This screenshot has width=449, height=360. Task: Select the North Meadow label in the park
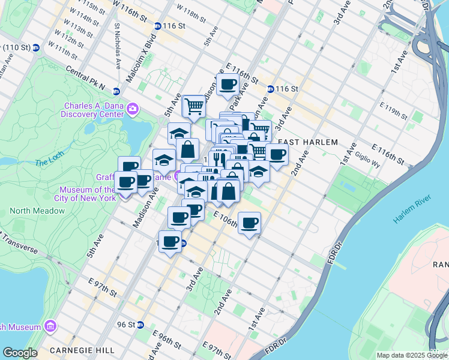[x=37, y=211]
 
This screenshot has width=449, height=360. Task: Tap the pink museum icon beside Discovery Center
[x=132, y=109]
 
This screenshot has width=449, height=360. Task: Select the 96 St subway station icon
[x=140, y=325]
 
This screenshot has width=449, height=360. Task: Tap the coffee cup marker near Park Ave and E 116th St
[x=228, y=85]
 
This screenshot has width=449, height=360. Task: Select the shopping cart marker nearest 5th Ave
[x=194, y=107]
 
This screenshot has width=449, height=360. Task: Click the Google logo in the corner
[x=20, y=353]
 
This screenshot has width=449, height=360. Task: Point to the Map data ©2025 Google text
[x=412, y=355]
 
